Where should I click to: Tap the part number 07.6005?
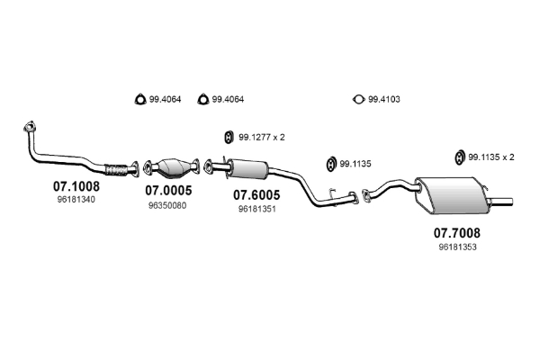(x=256, y=194)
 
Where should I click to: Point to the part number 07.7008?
(x=457, y=233)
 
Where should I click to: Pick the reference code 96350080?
(x=167, y=204)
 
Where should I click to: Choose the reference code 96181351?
(x=256, y=208)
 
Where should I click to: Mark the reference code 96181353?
(x=457, y=247)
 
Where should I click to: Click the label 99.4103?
(x=383, y=99)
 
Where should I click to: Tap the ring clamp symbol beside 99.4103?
(x=357, y=99)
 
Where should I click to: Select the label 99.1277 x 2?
(x=262, y=137)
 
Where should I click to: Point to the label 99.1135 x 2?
(x=491, y=157)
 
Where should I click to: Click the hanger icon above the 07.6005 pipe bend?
(x=330, y=165)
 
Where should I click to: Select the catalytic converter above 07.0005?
(x=175, y=166)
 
